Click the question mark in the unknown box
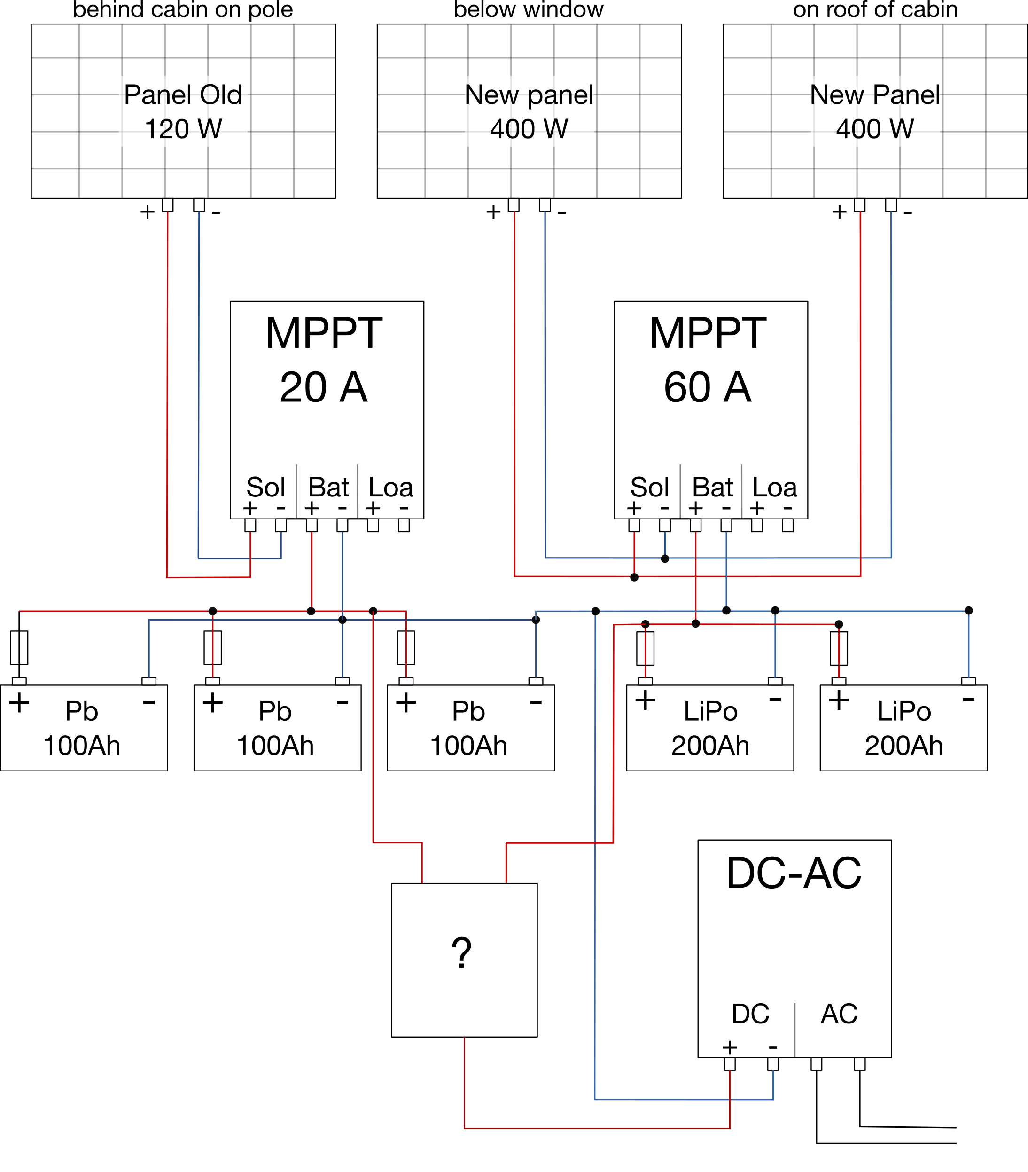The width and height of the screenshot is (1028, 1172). pos(461,953)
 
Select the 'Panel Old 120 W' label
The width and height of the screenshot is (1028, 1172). pos(183,111)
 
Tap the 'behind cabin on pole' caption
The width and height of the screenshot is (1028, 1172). pos(183,9)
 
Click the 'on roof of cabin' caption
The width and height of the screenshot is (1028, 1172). pos(875,9)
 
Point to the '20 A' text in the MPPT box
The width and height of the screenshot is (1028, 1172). pos(324,387)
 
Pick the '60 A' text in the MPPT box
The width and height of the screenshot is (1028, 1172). pos(708,387)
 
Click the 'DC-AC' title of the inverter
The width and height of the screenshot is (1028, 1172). pos(794,874)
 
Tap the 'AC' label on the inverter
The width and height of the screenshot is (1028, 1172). pos(839,1014)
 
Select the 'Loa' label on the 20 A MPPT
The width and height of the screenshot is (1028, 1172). pos(390,488)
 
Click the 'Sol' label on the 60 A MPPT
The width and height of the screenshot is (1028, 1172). pos(649,488)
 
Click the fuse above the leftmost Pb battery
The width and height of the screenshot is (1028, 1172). pos(19,648)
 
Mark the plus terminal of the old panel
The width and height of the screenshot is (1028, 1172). pos(167,205)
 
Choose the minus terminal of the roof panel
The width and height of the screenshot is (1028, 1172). pos(891,205)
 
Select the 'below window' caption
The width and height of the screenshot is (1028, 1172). pos(528,9)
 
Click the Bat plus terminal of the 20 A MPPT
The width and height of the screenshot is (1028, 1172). pos(312,525)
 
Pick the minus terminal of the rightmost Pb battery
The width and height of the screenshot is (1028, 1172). pos(536,681)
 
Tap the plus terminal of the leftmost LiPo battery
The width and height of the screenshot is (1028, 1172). pos(645,681)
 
